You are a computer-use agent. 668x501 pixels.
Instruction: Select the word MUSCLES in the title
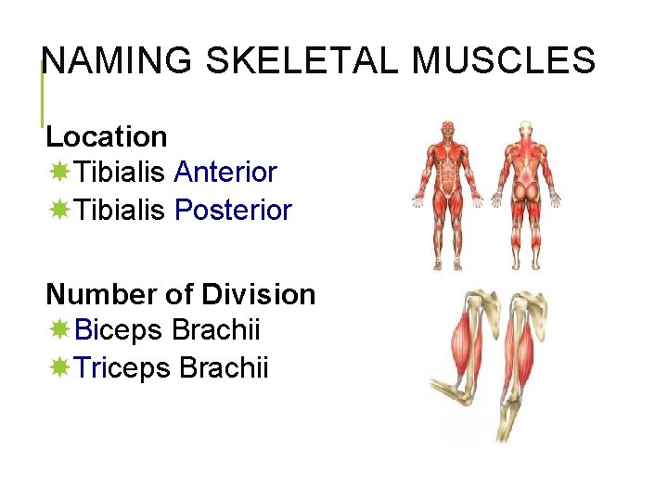(504, 61)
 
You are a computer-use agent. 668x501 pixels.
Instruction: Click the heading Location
(107, 137)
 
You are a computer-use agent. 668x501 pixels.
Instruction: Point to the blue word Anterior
(225, 173)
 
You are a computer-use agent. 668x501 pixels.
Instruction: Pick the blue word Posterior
(233, 211)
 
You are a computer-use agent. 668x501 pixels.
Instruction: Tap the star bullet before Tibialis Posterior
(59, 211)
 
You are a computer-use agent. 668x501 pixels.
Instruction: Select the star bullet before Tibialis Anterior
(59, 173)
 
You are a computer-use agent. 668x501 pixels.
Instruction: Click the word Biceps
(120, 330)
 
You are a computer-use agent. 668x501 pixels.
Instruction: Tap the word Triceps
(122, 368)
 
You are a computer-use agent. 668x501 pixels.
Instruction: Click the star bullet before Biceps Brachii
(59, 330)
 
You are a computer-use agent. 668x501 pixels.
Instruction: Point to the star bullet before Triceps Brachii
(59, 368)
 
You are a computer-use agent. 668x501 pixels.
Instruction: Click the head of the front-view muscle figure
(448, 127)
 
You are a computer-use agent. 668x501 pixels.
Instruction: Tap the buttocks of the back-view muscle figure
(526, 191)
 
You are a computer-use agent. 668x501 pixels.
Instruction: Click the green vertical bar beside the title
(42, 93)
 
